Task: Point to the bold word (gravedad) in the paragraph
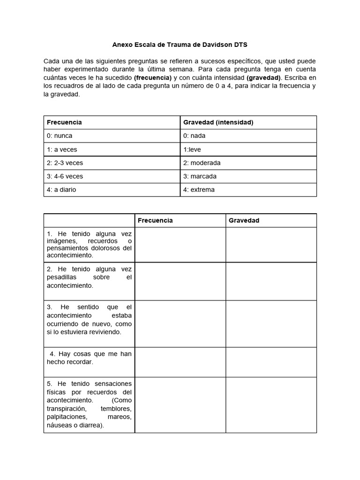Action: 263,77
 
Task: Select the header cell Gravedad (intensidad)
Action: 218,122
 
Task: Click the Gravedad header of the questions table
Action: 244,220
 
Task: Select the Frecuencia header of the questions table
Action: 155,220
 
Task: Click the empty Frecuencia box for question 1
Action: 180,245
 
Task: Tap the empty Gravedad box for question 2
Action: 271,281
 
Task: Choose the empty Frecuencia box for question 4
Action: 180,362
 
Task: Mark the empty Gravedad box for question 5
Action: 271,405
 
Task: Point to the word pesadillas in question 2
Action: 62,277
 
